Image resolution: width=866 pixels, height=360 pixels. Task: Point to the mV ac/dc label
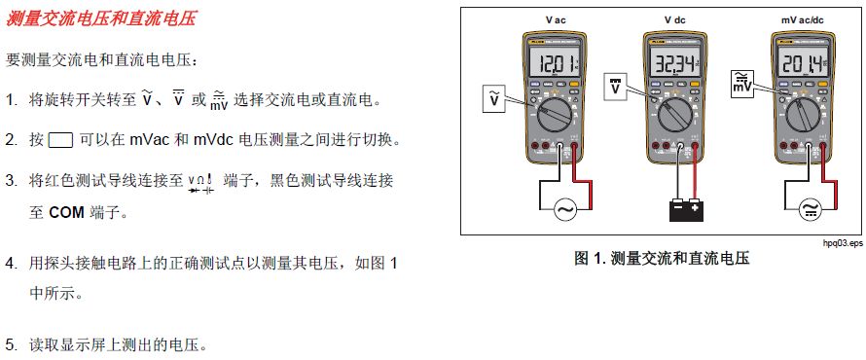(803, 19)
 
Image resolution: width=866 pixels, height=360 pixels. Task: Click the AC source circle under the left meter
(564, 208)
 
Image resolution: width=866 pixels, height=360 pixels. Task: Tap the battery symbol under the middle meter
(683, 207)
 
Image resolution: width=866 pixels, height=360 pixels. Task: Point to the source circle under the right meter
(810, 208)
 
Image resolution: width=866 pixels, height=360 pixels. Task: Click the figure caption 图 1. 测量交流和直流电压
(663, 259)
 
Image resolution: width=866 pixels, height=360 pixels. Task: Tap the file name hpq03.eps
(842, 243)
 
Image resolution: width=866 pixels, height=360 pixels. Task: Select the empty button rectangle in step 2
(60, 140)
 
